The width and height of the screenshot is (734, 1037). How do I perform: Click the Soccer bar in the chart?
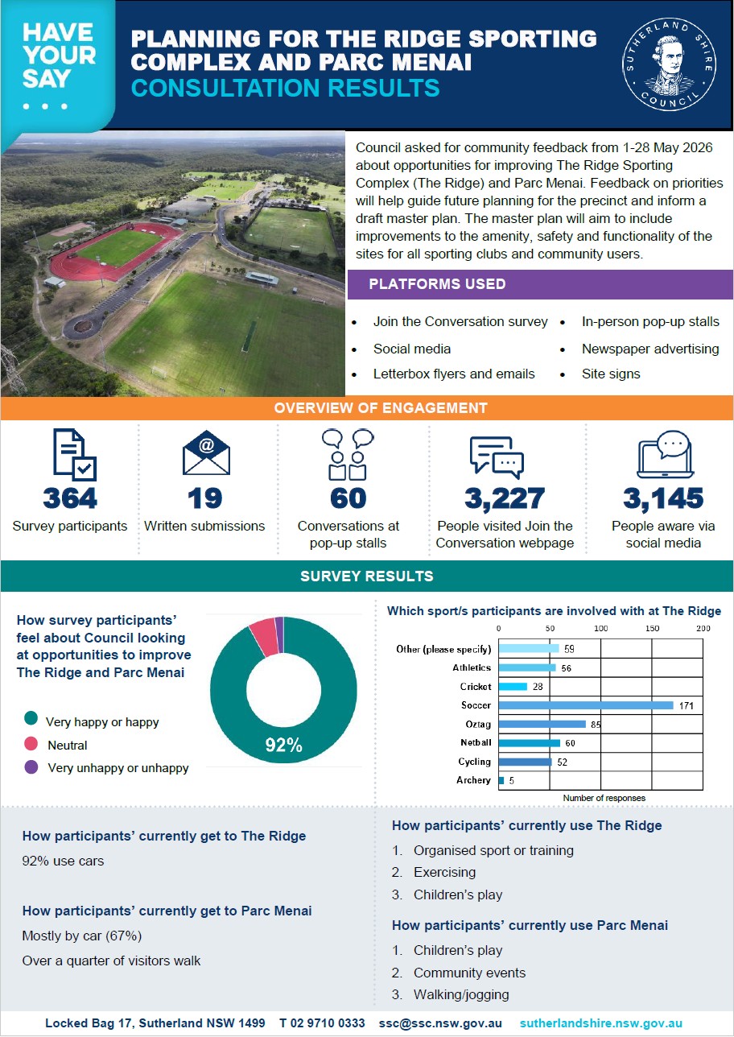click(x=586, y=705)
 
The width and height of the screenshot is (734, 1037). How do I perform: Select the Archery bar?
click(x=501, y=780)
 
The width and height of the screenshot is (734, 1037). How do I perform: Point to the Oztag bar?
click(x=542, y=724)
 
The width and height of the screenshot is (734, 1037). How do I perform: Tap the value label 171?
click(x=687, y=705)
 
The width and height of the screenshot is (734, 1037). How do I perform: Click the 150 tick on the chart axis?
click(x=652, y=628)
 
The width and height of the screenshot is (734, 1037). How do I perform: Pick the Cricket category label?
click(x=476, y=687)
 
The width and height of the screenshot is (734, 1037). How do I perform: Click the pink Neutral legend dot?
click(x=31, y=744)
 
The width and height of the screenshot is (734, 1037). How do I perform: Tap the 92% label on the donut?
click(x=283, y=746)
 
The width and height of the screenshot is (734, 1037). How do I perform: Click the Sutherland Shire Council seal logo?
click(x=669, y=64)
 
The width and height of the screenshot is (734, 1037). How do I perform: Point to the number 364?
click(x=70, y=498)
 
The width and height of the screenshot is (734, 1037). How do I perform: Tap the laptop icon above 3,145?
click(x=665, y=454)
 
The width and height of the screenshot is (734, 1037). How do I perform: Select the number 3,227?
click(x=505, y=499)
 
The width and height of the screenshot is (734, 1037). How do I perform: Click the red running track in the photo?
click(x=113, y=252)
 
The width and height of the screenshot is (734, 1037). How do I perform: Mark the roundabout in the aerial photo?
click(x=82, y=326)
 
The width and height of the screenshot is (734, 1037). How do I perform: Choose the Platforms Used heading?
click(x=437, y=283)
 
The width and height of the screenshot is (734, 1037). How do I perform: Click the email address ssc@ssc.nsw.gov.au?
click(x=440, y=1023)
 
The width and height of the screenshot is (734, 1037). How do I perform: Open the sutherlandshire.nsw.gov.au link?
click(x=600, y=1023)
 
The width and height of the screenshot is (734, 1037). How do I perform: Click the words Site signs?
click(x=611, y=374)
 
